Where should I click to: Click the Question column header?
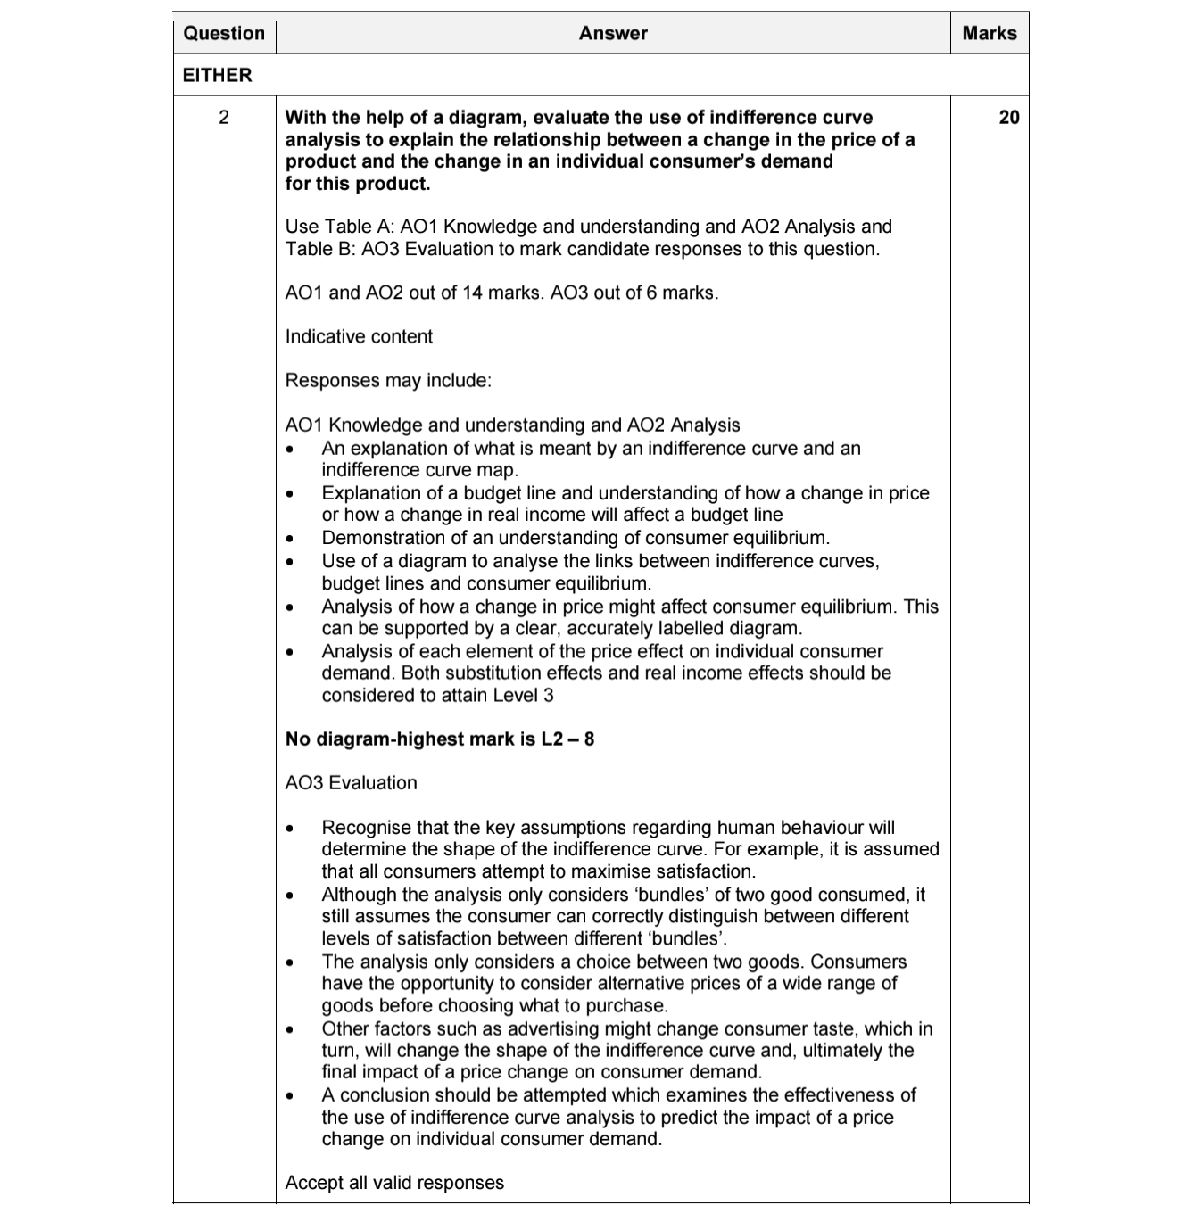(x=224, y=34)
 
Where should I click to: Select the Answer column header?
(x=613, y=34)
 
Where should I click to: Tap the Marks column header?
(x=990, y=34)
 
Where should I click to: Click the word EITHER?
(x=218, y=76)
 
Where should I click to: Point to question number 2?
(x=224, y=118)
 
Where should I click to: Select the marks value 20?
(x=1008, y=118)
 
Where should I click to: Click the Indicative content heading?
(x=359, y=337)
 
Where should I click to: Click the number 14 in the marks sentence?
(x=472, y=293)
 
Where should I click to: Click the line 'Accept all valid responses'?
(x=394, y=1184)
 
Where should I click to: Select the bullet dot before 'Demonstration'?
(x=290, y=539)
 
